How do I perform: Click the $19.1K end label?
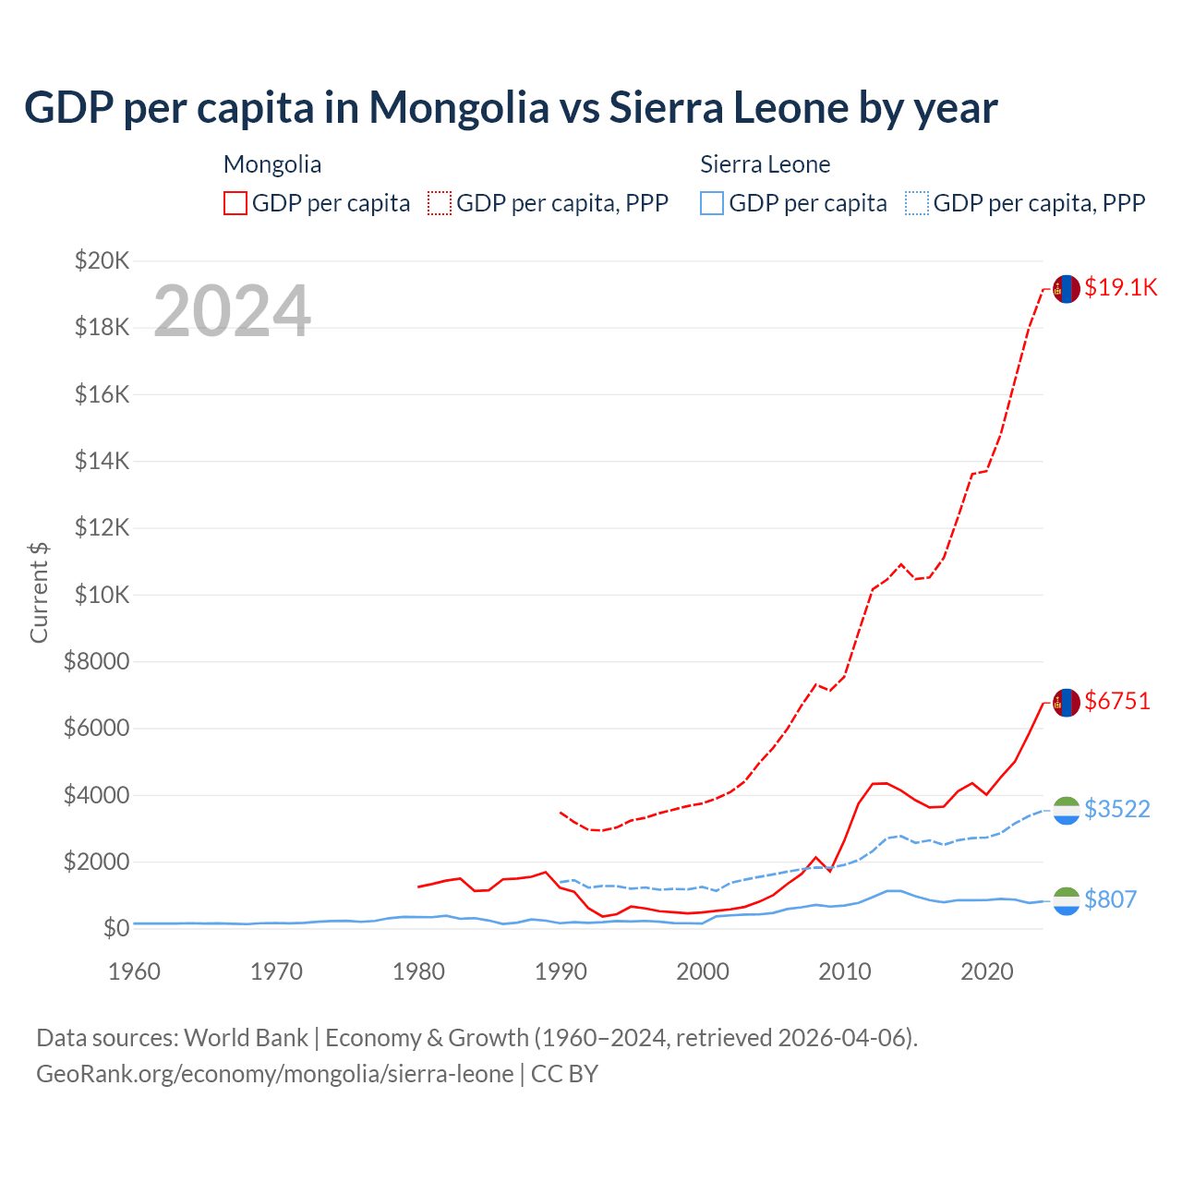[x=1120, y=287]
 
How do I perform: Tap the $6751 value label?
[x=1117, y=701]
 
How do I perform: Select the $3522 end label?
[x=1117, y=809]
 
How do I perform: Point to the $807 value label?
[x=1110, y=899]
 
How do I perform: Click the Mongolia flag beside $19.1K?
[x=1067, y=289]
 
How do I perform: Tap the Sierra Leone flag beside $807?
[x=1067, y=901]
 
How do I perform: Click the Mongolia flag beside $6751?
[x=1067, y=703]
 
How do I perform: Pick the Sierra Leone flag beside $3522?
[x=1067, y=811]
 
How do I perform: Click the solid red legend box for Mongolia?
[x=235, y=203]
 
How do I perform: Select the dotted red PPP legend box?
[x=440, y=203]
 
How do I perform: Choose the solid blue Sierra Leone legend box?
[x=712, y=203]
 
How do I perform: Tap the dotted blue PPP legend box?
[x=917, y=203]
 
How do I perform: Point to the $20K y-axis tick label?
[x=102, y=260]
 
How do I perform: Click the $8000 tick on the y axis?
[x=96, y=661]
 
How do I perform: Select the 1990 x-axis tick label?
[x=561, y=971]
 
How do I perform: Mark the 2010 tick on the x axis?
[x=845, y=971]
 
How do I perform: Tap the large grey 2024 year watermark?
[x=232, y=311]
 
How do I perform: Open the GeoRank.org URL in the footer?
[x=275, y=1074]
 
